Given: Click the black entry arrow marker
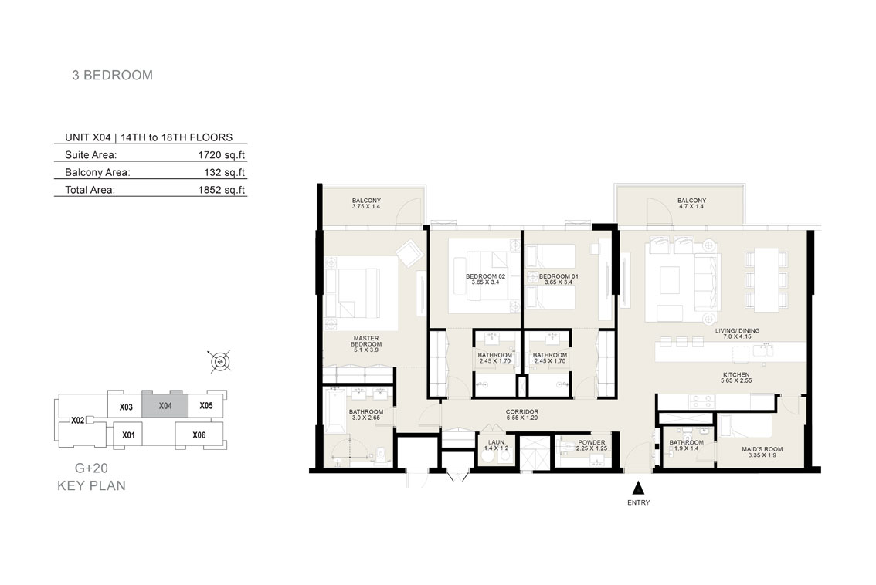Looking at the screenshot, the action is [x=638, y=489].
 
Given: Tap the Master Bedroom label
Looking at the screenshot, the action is [x=366, y=344].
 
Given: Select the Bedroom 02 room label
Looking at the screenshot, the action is [x=485, y=279].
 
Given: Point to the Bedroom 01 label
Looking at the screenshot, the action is [x=558, y=279].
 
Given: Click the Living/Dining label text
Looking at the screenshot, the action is [x=737, y=334].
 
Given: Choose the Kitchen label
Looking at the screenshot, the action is [x=736, y=377].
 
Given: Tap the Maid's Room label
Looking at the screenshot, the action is [x=762, y=452].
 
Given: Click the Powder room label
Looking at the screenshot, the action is [x=591, y=445].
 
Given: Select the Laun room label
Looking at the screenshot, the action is [x=496, y=445].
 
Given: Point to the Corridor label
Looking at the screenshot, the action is [x=521, y=414].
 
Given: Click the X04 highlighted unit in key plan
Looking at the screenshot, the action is [x=165, y=406].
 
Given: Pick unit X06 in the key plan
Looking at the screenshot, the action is [x=199, y=435].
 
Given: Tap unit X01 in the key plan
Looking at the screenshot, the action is [x=128, y=435].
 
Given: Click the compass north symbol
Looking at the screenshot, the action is [x=221, y=362].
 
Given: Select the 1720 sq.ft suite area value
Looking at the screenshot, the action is [x=221, y=154].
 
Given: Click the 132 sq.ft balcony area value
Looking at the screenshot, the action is [x=225, y=172].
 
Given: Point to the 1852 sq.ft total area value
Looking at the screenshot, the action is [x=221, y=190].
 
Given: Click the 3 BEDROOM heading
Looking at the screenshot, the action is [x=112, y=76].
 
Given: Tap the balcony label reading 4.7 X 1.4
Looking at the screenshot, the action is [x=691, y=203].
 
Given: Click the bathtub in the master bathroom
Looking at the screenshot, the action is [x=334, y=411].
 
